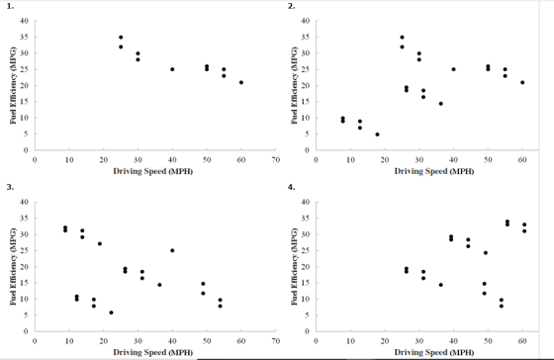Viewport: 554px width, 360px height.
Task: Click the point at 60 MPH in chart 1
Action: coord(241,82)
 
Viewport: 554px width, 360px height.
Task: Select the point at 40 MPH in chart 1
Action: coord(172,69)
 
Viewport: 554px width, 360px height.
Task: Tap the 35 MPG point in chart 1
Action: coord(121,38)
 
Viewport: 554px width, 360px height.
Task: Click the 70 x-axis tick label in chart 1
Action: coord(276,160)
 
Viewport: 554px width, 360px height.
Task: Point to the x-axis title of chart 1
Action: coord(153,171)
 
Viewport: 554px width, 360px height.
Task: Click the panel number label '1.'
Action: coord(10,6)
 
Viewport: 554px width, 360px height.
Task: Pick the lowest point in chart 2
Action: coord(377,135)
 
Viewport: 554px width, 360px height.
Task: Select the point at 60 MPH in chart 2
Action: coord(522,82)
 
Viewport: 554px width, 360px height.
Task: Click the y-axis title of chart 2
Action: coord(294,85)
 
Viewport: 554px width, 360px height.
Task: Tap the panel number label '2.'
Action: coord(292,6)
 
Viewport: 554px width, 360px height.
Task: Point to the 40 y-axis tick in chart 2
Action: coord(306,21)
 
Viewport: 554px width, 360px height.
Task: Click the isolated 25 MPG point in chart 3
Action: coord(172,250)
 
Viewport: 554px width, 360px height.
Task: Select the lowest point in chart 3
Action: coord(111,313)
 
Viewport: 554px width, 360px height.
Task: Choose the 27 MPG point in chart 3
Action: coord(100,243)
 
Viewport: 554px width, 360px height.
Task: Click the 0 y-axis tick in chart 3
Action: coord(26,331)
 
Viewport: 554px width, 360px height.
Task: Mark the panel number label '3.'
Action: coord(10,187)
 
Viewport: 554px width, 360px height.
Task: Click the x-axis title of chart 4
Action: coord(434,352)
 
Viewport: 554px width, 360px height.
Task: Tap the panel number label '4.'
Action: coord(292,187)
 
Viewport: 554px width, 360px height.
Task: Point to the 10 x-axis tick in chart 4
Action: coord(350,341)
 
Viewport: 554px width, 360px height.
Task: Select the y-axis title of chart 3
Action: coord(13,266)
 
